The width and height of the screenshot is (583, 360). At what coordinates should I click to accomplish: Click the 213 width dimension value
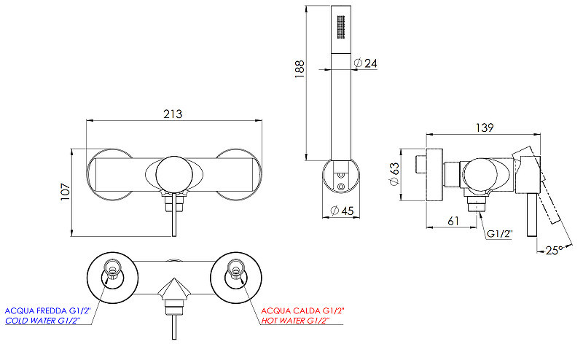coord(173,114)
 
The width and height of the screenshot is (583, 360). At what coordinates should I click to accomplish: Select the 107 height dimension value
coord(66,192)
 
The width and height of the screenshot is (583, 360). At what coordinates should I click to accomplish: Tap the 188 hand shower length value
coord(300,69)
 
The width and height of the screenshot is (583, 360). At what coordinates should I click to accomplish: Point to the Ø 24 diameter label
coord(366,63)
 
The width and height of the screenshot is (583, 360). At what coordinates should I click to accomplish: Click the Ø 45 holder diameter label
coord(342,211)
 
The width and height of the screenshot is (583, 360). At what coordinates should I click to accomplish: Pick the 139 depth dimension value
coord(485,128)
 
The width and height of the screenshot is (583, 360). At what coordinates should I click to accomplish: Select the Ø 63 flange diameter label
coord(394,174)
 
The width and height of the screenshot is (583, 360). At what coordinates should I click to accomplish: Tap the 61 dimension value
coord(453,221)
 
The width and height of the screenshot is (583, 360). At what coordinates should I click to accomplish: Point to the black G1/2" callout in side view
coord(500,234)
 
